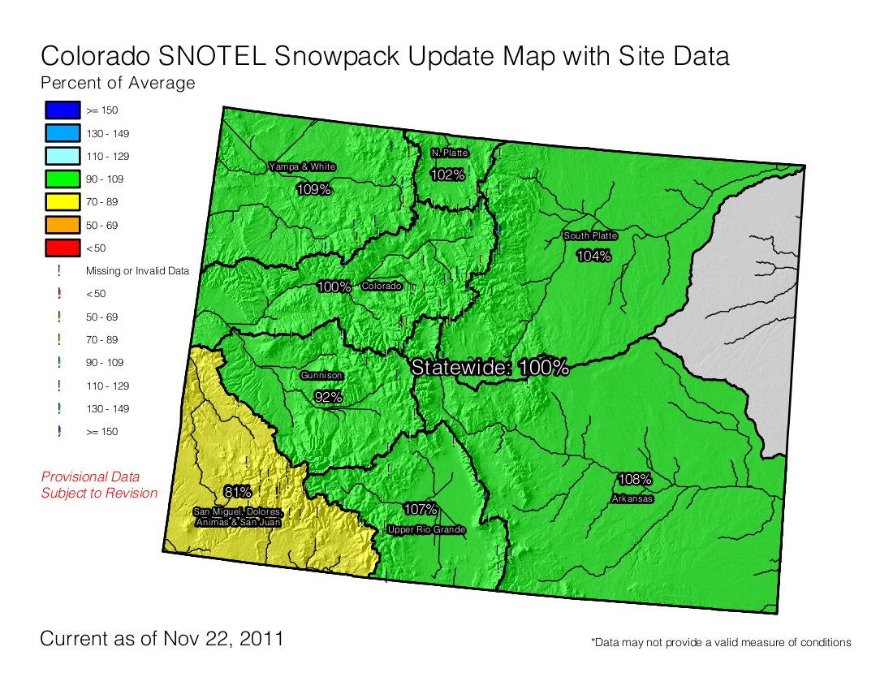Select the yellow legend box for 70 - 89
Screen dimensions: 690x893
point(62,201)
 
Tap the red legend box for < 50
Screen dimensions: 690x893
point(62,248)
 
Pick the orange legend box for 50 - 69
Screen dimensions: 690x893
point(62,225)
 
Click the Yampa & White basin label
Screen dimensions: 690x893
point(302,166)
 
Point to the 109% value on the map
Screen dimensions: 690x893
point(313,189)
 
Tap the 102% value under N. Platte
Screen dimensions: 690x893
point(447,175)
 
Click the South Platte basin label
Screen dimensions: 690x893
point(591,235)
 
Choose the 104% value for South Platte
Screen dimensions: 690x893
point(593,256)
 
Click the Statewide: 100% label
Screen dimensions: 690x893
point(490,367)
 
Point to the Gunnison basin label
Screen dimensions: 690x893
point(321,376)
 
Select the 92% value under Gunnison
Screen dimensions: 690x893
point(328,397)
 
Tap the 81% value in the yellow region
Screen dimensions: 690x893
point(237,492)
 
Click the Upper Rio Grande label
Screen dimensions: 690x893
point(426,530)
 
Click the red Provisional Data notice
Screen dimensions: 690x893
point(99,485)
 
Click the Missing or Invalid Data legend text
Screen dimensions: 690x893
point(137,271)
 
